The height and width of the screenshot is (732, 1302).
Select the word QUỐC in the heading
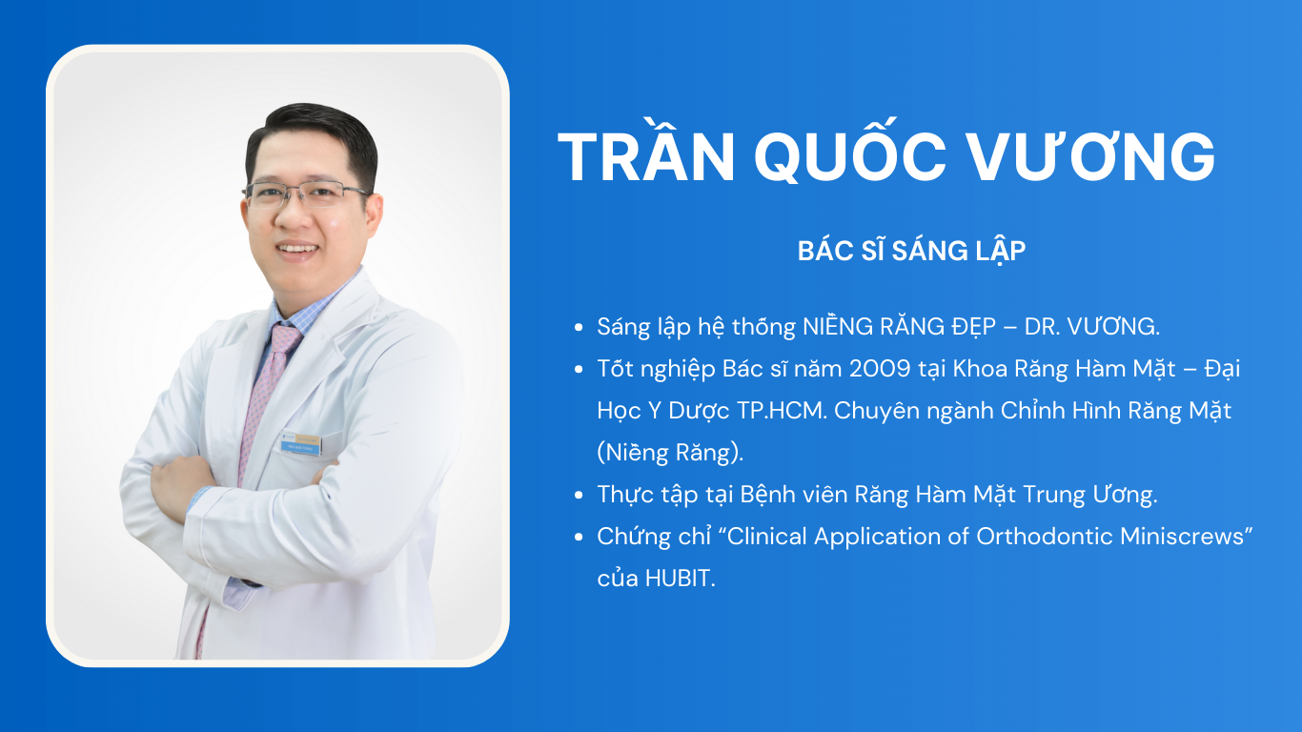[x=851, y=151]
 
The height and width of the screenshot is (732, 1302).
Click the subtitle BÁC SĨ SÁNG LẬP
[x=911, y=252]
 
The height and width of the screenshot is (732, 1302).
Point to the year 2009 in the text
[x=880, y=369]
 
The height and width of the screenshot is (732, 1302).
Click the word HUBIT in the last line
[x=679, y=579]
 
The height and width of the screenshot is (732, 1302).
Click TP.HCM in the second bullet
[x=782, y=411]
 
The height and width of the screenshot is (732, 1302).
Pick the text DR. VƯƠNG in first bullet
[x=1091, y=326]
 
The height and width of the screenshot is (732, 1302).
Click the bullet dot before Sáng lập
[x=579, y=327]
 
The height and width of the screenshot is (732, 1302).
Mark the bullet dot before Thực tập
[x=579, y=496]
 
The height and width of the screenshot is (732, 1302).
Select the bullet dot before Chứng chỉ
[x=579, y=538]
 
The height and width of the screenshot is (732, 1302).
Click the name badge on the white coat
[x=300, y=443]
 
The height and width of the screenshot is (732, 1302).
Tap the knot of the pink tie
[x=285, y=336]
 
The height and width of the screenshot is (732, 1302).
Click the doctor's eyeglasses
[x=305, y=194]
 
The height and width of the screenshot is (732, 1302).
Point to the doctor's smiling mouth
[x=297, y=249]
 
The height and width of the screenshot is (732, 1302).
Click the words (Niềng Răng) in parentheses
[x=670, y=453]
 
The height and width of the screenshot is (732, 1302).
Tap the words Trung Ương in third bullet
[x=1089, y=495]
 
